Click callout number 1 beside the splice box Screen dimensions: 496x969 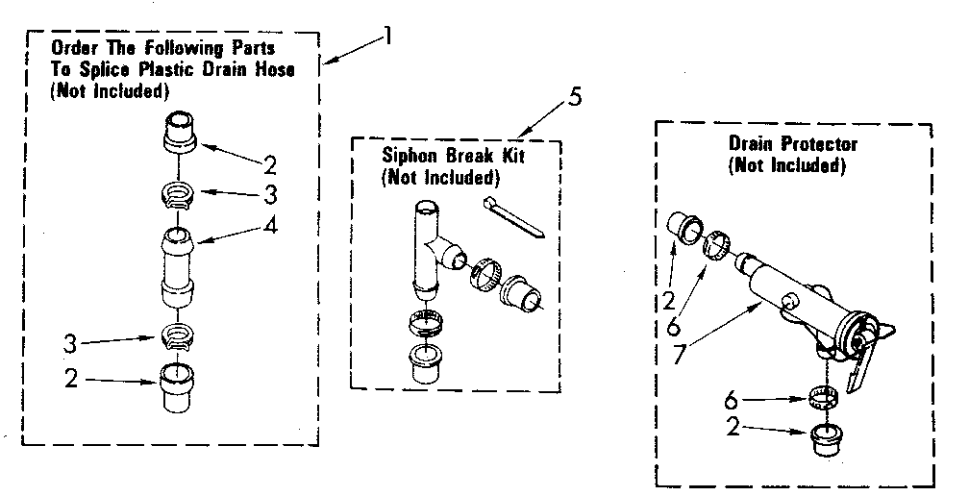tap(387, 38)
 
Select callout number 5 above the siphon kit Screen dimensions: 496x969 tap(575, 96)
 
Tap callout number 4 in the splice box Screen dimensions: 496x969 tap(272, 227)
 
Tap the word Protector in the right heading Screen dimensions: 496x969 tap(810, 145)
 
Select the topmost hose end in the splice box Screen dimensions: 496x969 tap(180, 133)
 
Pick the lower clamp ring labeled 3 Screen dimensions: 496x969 tap(178, 336)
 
